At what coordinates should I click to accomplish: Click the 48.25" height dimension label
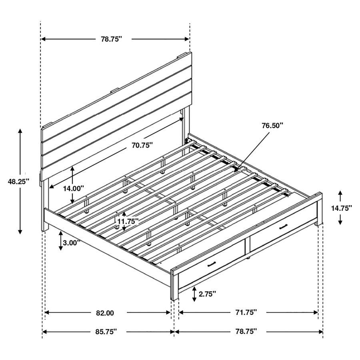click(x=19, y=181)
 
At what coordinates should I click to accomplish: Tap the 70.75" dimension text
click(x=143, y=146)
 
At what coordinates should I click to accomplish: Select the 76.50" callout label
click(x=272, y=125)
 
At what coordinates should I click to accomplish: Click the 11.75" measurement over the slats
click(x=128, y=221)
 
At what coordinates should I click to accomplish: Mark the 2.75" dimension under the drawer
click(x=206, y=294)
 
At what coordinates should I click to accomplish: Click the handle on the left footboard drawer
click(x=212, y=264)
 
